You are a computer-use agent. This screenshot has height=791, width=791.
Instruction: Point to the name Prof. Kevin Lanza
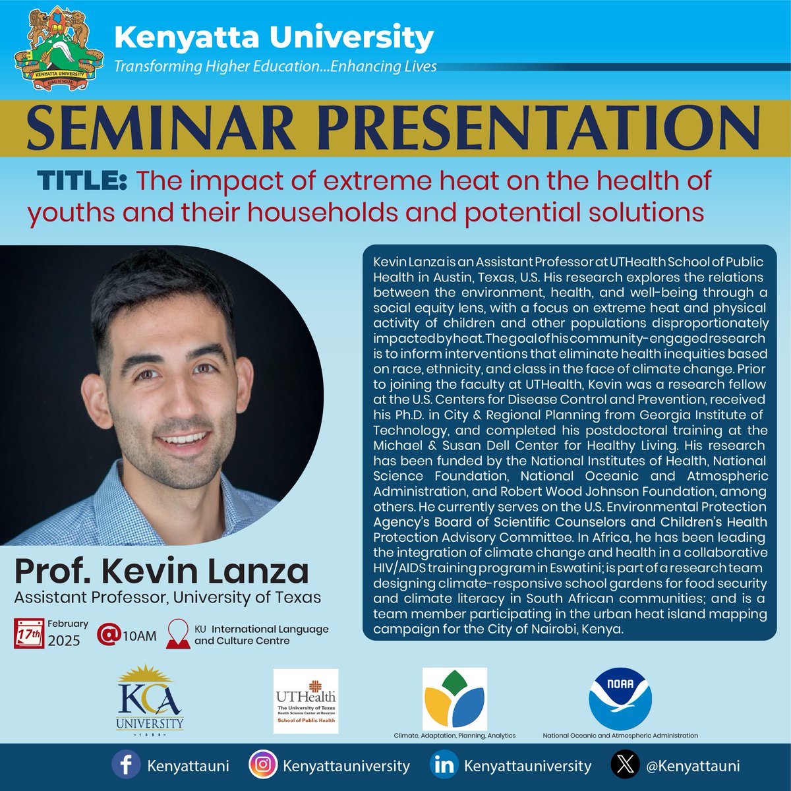coord(161,571)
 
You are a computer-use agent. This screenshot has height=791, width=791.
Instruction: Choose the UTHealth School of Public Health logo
coord(306,700)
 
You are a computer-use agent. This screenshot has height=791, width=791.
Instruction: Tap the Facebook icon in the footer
coord(125,767)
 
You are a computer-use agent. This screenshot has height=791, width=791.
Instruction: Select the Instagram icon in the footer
coord(262,767)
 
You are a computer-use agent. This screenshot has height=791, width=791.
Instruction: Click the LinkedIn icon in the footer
coord(444,767)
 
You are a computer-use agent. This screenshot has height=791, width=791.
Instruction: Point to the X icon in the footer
coord(623,767)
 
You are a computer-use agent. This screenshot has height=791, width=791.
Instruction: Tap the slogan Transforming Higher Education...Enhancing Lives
coord(275,67)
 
